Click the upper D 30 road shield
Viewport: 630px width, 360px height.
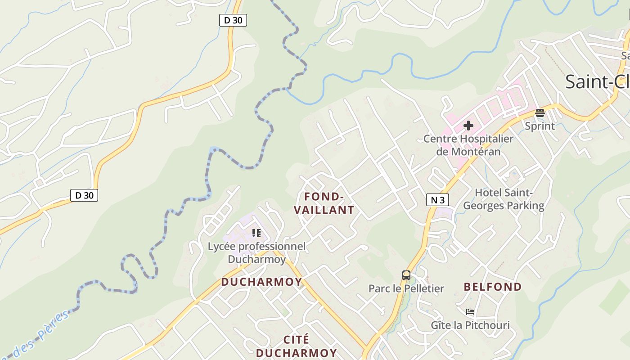(233, 20)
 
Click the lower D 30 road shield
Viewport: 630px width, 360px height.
(84, 195)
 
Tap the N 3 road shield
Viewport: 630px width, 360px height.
(437, 200)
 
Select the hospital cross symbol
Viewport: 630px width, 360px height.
(468, 126)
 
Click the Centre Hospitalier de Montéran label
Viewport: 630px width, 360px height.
(468, 145)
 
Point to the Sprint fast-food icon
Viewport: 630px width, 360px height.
(540, 113)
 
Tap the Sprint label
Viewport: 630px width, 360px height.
(540, 126)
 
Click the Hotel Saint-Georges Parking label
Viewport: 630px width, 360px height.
(504, 199)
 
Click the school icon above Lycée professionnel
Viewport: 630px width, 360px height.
(256, 233)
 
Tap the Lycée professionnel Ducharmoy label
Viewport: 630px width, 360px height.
(256, 253)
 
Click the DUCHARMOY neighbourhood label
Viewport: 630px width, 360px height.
(261, 282)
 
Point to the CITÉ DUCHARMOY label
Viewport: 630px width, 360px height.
(297, 346)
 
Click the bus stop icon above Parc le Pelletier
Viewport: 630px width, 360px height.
(406, 275)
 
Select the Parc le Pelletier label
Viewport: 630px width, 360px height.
(406, 288)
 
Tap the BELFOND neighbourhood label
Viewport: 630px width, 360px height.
(493, 287)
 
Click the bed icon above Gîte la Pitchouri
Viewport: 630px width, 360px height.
(470, 311)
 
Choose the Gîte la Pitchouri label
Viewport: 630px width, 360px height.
(470, 325)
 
